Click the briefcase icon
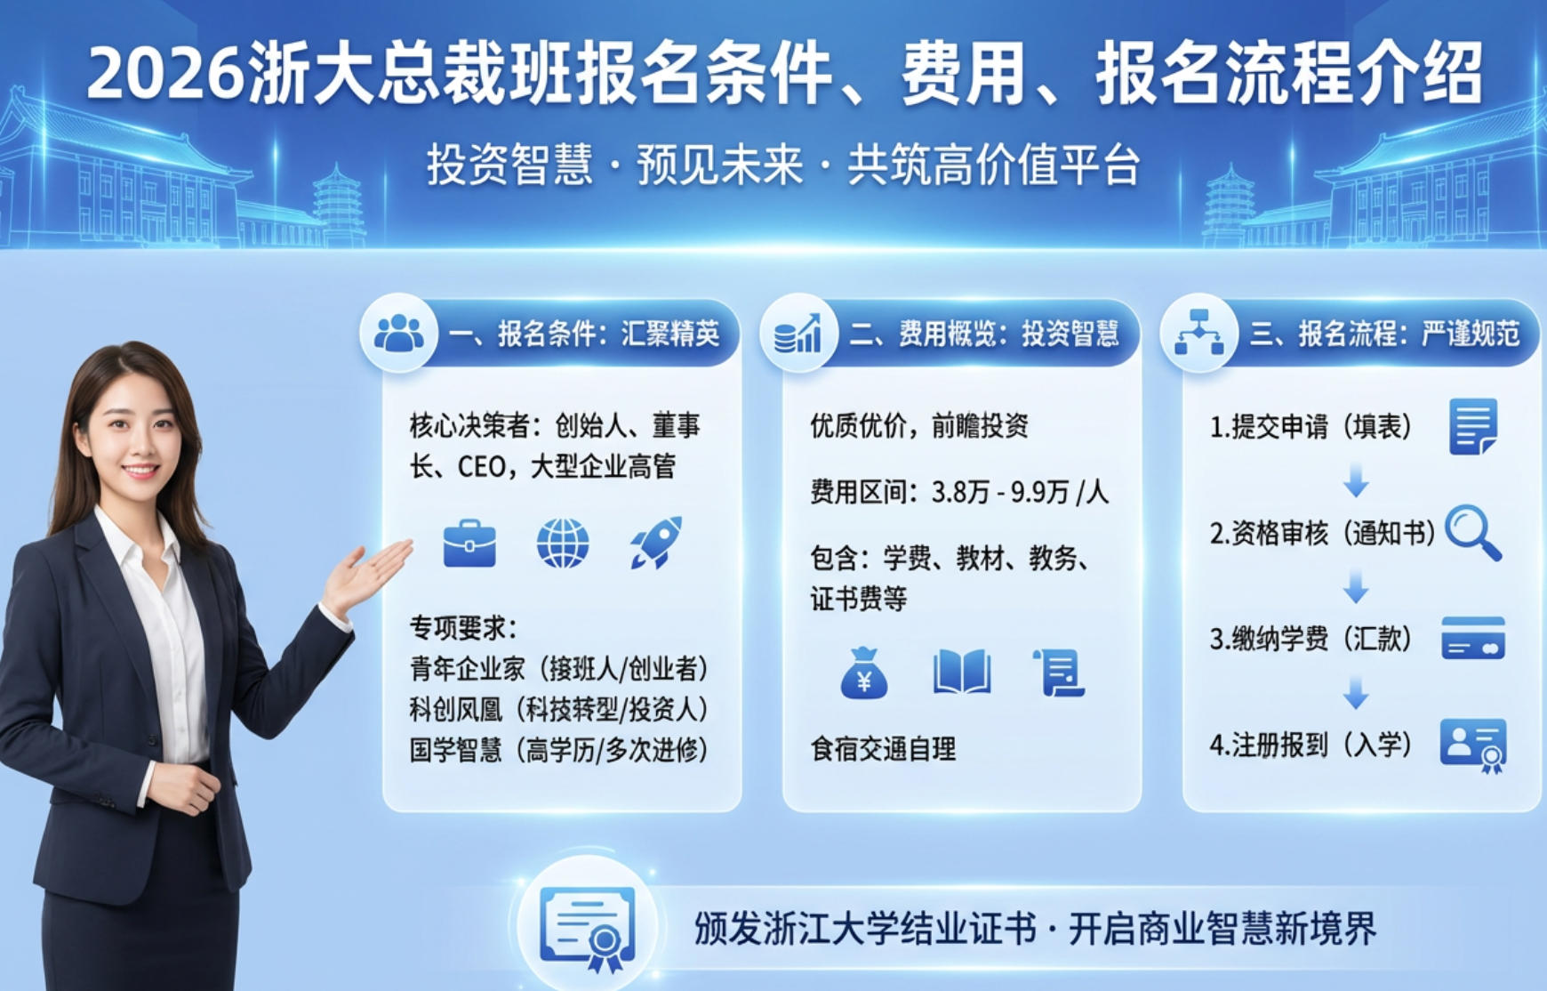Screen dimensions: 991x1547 point(469,543)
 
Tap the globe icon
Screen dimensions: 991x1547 point(563,543)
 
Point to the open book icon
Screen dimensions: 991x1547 point(962,673)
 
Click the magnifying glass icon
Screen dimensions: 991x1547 point(1472,532)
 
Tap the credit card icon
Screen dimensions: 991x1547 point(1472,638)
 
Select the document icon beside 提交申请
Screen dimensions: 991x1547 point(1472,427)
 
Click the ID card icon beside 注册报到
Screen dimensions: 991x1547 point(1473,745)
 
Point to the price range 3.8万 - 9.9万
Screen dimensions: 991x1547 point(999,492)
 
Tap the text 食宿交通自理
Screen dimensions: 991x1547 point(883,749)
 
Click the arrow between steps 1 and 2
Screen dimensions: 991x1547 point(1355,480)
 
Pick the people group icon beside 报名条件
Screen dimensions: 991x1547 point(398,334)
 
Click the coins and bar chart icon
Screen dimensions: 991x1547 point(798,334)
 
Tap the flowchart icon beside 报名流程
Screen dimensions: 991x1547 point(1198,334)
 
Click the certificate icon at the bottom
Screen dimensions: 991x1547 point(588,927)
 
